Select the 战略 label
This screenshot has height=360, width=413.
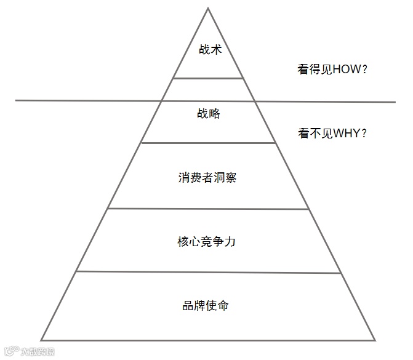[209, 114]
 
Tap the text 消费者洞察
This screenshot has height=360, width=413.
[208, 178]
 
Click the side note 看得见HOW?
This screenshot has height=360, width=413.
[332, 70]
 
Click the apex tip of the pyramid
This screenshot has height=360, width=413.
[208, 8]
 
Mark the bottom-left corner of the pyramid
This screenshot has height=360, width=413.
[41, 340]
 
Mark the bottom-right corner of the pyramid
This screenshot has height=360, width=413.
[375, 339]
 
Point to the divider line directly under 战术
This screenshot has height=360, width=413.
[208, 78]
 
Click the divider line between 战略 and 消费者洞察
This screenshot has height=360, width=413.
[208, 143]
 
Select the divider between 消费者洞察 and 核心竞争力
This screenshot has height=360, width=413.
[208, 209]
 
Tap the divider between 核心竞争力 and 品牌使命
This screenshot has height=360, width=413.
[208, 271]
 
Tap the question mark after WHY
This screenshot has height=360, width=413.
[364, 133]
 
